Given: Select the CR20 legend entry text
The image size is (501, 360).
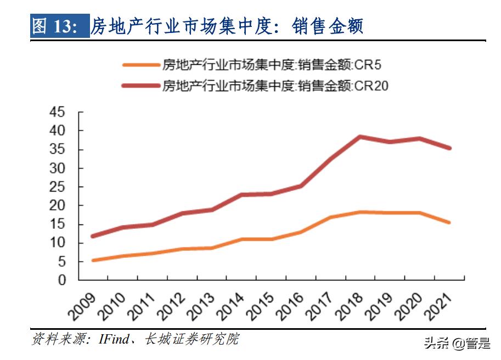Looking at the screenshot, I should pos(275,86).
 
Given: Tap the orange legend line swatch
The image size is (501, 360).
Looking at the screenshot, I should pos(140,66).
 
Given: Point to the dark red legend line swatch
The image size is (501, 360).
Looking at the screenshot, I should pos(140,86).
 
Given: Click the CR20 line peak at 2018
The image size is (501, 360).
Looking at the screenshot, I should pos(359,137).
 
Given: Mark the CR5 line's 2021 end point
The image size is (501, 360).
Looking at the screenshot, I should pos(450,222).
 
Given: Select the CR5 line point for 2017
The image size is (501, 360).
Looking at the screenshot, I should pos(330,217).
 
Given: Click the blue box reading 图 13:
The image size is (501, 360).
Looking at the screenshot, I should pos(59,26).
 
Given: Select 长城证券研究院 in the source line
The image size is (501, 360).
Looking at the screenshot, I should pos(192,339).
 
